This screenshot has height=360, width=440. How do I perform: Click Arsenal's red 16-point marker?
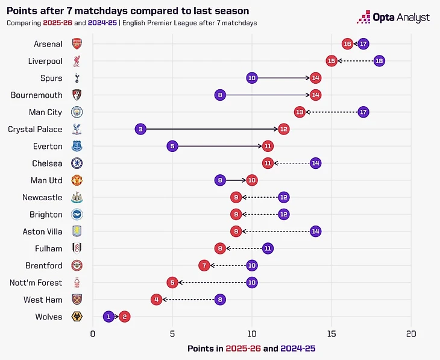coord(347,44)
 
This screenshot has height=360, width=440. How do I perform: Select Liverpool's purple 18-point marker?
coord(379,61)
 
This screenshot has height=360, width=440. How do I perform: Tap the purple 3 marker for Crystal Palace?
coord(140,129)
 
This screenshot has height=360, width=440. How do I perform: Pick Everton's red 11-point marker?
coord(268,146)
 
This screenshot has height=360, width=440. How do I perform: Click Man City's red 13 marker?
coord(300,112)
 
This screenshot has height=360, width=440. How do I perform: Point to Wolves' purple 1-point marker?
coord(108,316)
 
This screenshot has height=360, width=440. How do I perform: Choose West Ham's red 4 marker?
coord(156,299)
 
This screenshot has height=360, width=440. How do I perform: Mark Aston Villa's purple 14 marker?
coord(315,231)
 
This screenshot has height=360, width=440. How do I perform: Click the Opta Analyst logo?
coord(394,17)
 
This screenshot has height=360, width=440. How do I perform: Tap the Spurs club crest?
coord(77,78)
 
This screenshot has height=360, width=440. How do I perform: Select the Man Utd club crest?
coord(77,180)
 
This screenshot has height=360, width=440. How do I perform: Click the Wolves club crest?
coord(77,316)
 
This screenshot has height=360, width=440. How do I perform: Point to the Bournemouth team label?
coord(37,95)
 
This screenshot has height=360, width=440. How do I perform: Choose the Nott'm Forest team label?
coord(35,282)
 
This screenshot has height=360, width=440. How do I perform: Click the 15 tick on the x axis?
coord(332,334)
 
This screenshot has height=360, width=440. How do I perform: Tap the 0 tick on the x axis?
coord(93,334)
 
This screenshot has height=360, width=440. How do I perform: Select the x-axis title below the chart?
coord(251,349)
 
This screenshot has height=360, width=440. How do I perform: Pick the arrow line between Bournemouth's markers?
coord(268,95)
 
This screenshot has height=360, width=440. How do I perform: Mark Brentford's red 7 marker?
coord(204,265)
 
